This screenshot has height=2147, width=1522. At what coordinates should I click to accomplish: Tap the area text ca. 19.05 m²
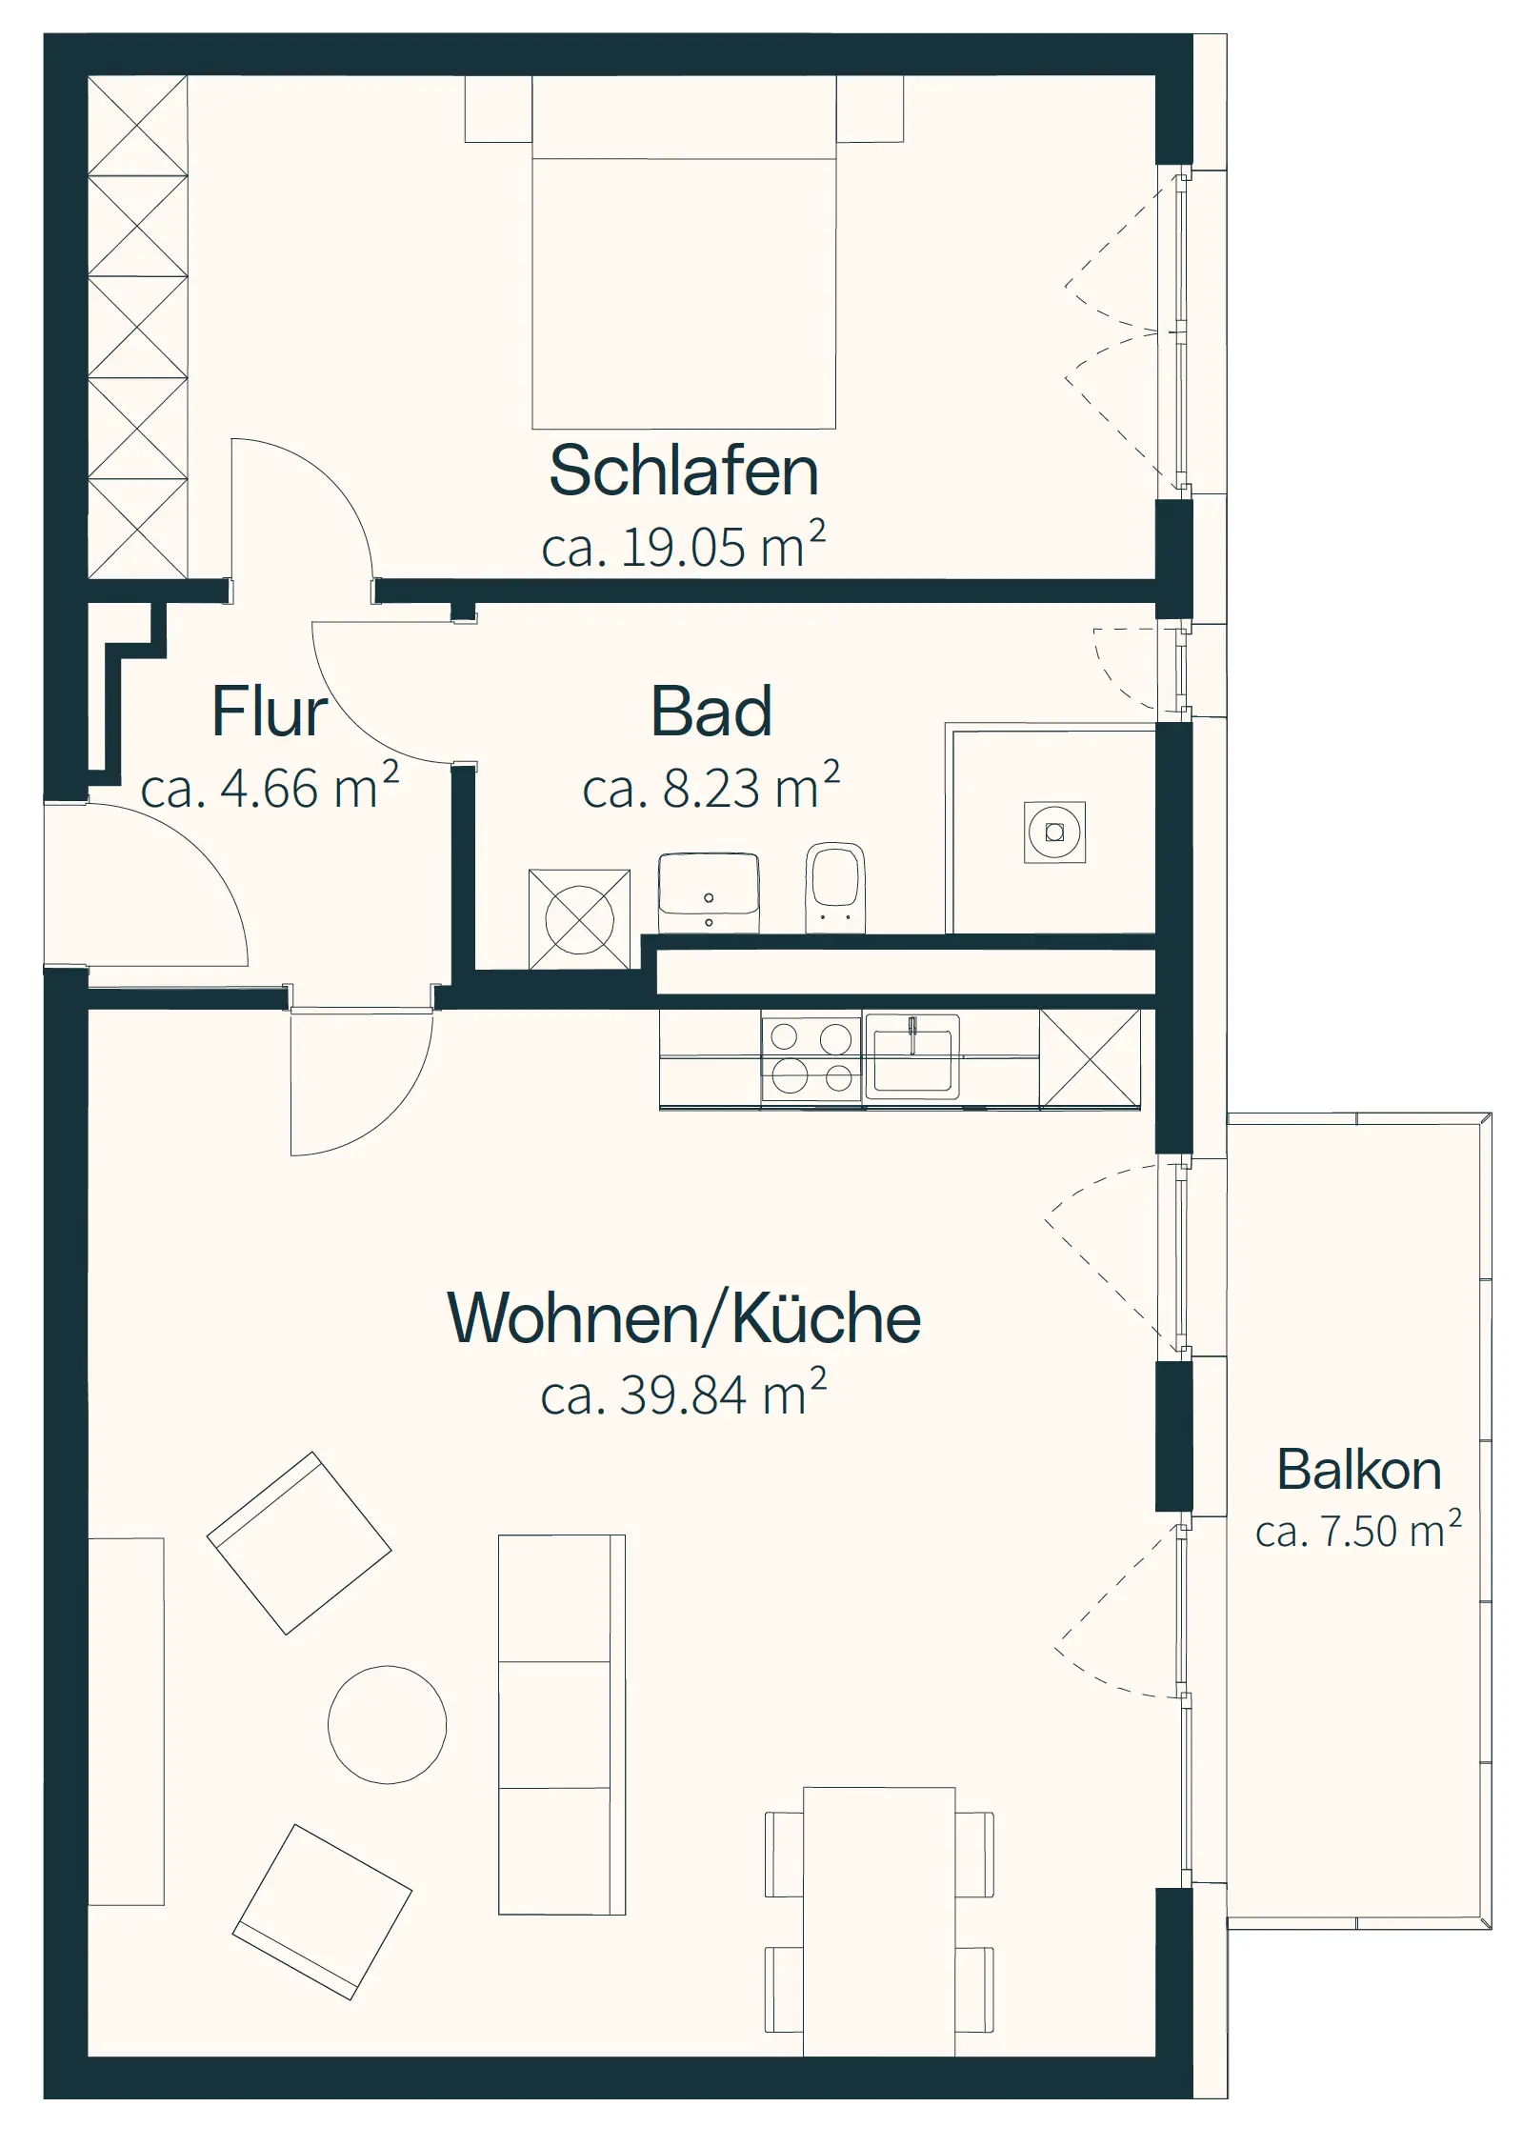(683, 545)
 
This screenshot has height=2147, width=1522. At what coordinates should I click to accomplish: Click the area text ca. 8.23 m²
(711, 786)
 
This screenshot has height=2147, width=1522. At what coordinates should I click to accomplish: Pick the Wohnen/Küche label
(684, 1318)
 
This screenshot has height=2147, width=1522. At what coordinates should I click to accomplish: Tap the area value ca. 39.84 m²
(683, 1394)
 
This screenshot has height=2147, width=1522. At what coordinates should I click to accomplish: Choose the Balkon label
(1358, 1469)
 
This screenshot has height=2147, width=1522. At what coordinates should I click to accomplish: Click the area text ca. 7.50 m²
(1358, 1531)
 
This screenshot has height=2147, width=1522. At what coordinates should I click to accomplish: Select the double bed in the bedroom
(684, 252)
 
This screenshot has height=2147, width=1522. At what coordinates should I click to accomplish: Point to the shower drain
(1054, 833)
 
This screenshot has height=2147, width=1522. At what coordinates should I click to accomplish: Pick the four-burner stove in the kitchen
(811, 1057)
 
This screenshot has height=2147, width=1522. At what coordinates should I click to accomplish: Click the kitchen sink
(911, 1056)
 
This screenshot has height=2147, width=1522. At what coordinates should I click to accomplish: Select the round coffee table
(387, 1725)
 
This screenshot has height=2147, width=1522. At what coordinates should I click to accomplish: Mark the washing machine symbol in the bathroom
(579, 919)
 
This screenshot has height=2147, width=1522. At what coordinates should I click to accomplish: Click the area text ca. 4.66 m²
(270, 786)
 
